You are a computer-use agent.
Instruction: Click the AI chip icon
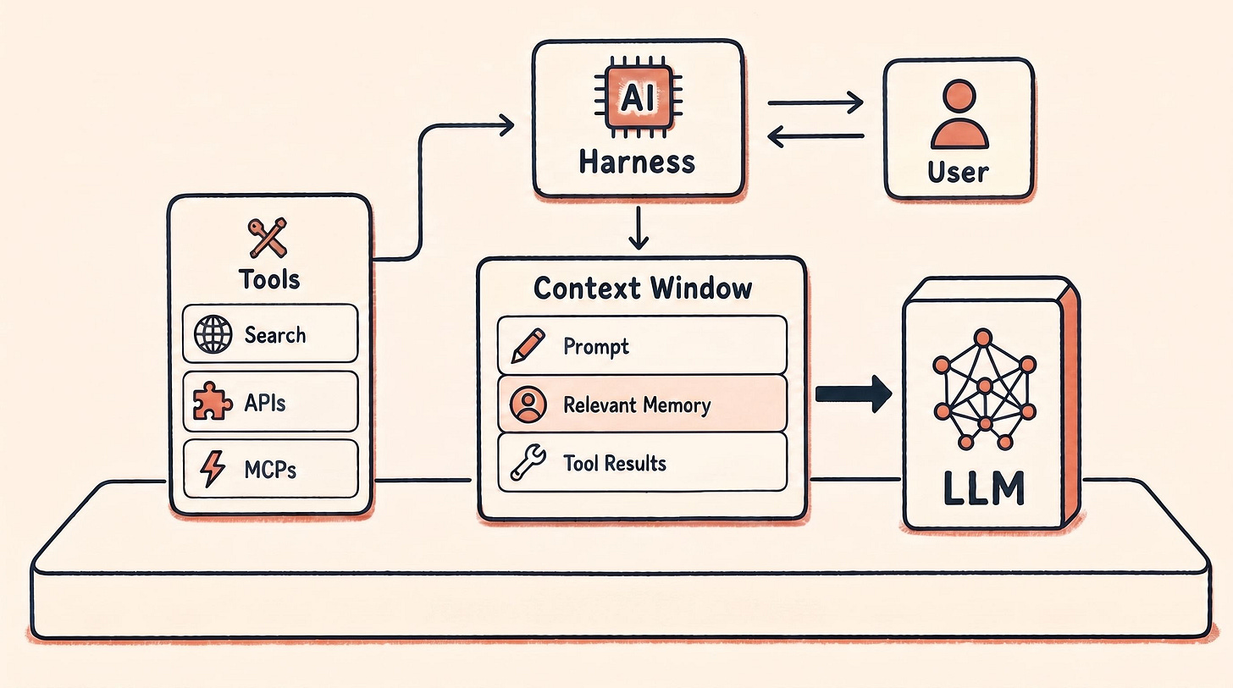[x=639, y=98]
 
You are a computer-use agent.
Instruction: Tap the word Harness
[x=637, y=162]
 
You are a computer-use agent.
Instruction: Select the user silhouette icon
[x=959, y=114]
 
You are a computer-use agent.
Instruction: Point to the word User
[x=958, y=172]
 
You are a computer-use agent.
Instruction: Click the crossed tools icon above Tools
[x=268, y=238]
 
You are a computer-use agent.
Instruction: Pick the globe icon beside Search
[x=213, y=333]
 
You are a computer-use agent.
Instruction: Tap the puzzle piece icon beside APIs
[x=212, y=401]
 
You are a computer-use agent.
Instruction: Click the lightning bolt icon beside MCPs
[x=212, y=469]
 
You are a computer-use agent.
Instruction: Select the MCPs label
[x=270, y=470]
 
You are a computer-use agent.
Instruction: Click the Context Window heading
[x=643, y=289]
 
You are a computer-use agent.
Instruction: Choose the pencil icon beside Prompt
[x=528, y=346]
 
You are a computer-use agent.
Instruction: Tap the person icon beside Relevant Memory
[x=528, y=405]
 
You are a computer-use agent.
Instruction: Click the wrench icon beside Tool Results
[x=528, y=463]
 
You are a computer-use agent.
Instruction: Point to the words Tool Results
[x=614, y=463]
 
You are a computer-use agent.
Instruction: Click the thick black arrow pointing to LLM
[x=854, y=394]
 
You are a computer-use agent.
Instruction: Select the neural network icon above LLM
[x=985, y=388]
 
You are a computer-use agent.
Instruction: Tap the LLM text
[x=984, y=488]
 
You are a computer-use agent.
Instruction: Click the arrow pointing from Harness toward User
[x=816, y=102]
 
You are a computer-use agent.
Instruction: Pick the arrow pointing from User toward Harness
[x=816, y=136]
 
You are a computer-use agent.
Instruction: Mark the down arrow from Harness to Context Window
[x=638, y=228]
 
